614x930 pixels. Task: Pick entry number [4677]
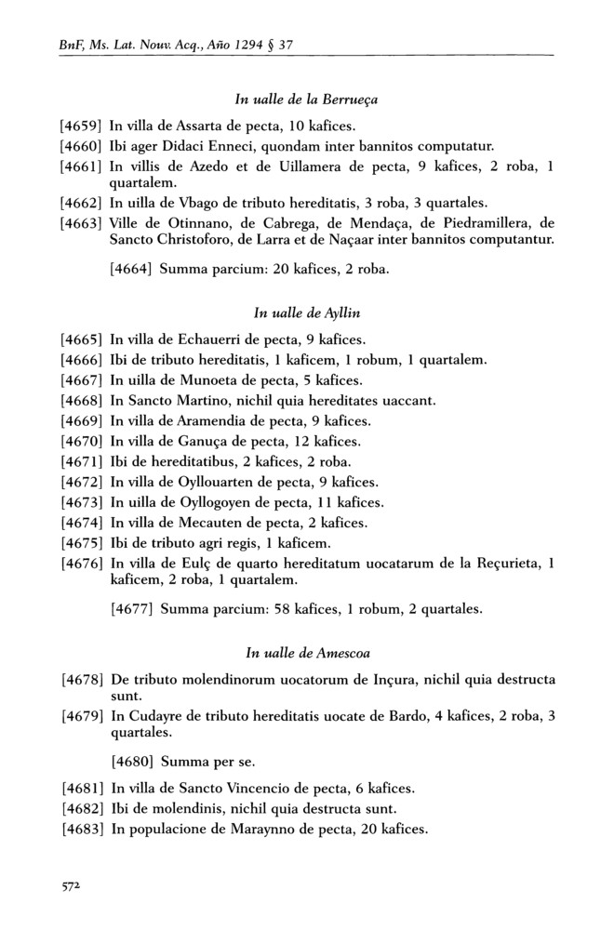[x=131, y=609]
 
